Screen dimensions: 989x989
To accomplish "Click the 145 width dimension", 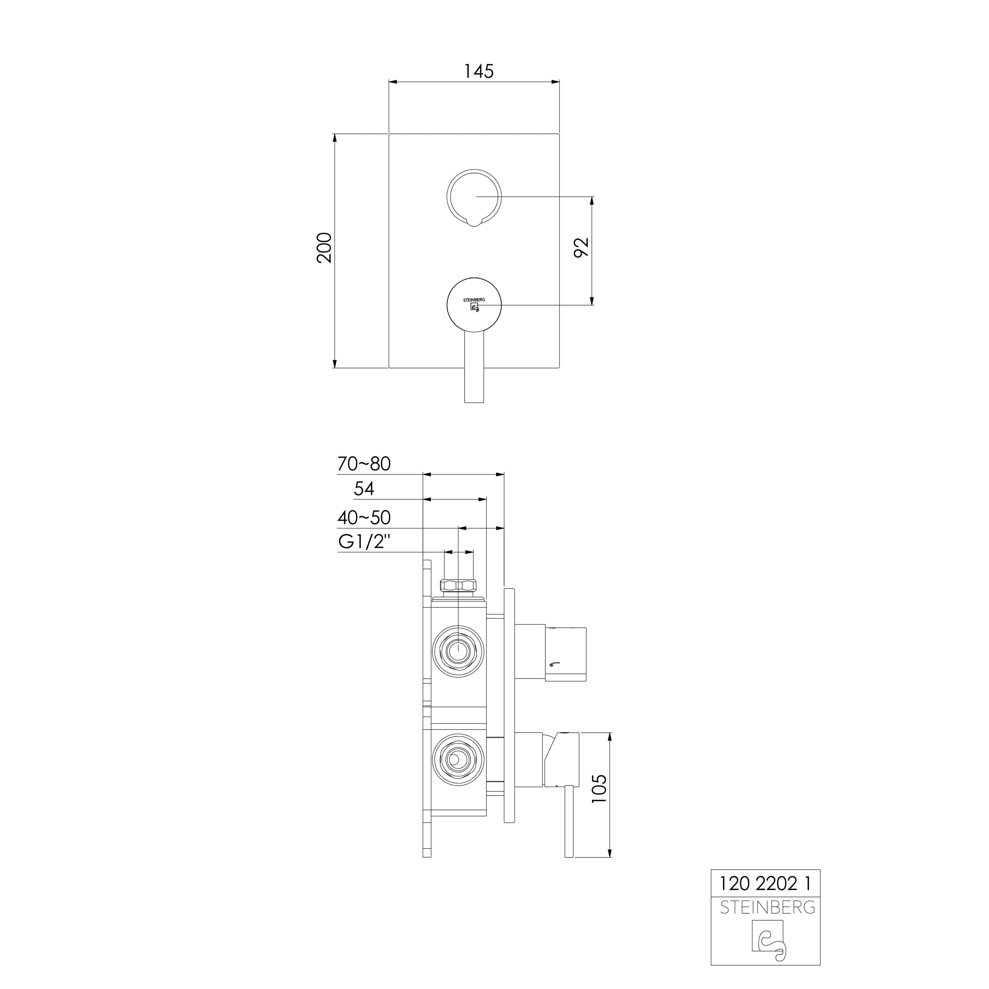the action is click(x=479, y=71).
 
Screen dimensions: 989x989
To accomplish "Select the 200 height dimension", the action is click(x=324, y=248).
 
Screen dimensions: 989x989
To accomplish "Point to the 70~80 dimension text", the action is click(x=364, y=464).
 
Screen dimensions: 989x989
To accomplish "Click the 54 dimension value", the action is click(x=364, y=489).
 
